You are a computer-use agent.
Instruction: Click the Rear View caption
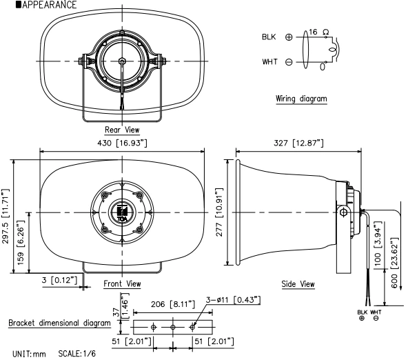tap(122, 130)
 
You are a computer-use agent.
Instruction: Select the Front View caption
tap(122, 283)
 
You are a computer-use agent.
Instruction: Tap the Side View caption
tap(298, 283)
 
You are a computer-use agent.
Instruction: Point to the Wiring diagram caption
tap(300, 99)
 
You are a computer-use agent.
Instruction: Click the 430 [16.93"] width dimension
tap(121, 143)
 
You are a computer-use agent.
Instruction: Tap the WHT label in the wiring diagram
tap(269, 62)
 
